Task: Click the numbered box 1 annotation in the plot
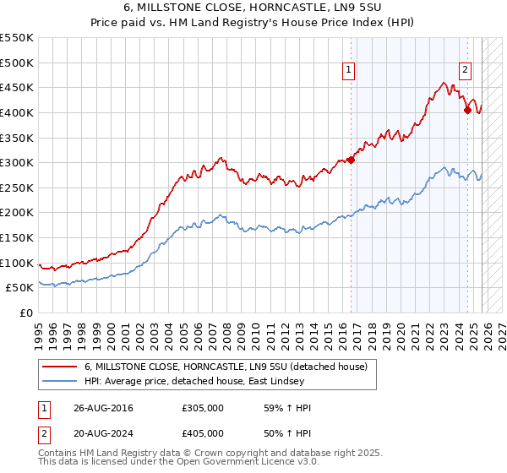[x=348, y=71]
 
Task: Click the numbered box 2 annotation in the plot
[x=465, y=71]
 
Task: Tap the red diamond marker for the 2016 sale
[x=351, y=160]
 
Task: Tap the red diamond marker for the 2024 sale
[x=467, y=110]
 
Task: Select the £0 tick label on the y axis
[x=27, y=313]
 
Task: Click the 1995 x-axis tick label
[x=39, y=329]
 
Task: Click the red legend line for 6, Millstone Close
[x=60, y=367]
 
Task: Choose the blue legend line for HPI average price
[x=60, y=382]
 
